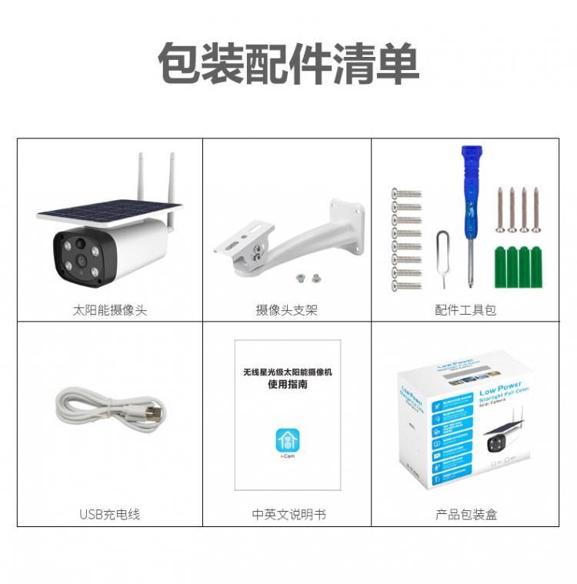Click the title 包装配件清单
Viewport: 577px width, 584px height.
(x=288, y=63)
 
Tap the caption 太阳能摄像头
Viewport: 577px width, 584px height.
(x=109, y=310)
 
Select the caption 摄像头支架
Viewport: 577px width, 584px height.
(x=286, y=310)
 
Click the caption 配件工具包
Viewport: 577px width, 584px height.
(x=465, y=310)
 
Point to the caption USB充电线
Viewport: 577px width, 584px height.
(x=109, y=514)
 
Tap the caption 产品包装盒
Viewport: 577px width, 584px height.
(x=466, y=514)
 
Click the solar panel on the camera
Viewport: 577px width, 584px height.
(x=108, y=211)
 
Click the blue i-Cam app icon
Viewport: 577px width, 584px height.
(x=288, y=441)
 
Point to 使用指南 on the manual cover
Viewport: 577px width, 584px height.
(x=288, y=385)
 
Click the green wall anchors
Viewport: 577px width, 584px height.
(x=518, y=266)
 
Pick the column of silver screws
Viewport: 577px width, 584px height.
(x=407, y=239)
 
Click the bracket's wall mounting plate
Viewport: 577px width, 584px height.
(x=348, y=222)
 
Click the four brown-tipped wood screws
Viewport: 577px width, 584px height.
(x=518, y=209)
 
